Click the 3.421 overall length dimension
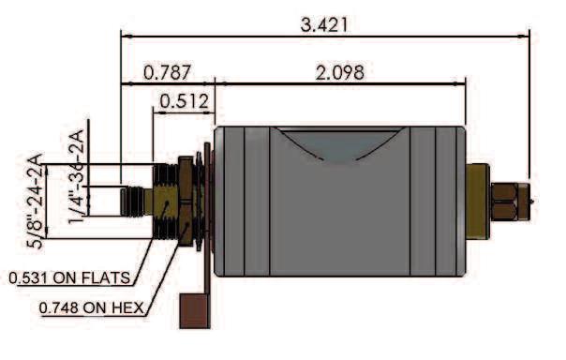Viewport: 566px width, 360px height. pos(324,24)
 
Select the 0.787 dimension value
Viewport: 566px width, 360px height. pos(167,72)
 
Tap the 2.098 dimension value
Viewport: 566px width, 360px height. pos(339,72)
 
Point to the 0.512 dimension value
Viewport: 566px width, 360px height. pos(184,101)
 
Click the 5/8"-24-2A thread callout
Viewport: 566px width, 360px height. pos(35,201)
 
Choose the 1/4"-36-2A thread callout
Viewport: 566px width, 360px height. pos(76,176)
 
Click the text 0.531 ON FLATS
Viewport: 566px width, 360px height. pos(69,277)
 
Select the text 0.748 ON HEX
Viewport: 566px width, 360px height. pos(91,307)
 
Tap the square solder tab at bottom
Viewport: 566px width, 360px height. pos(195,310)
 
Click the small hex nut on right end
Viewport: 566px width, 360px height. pos(510,202)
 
